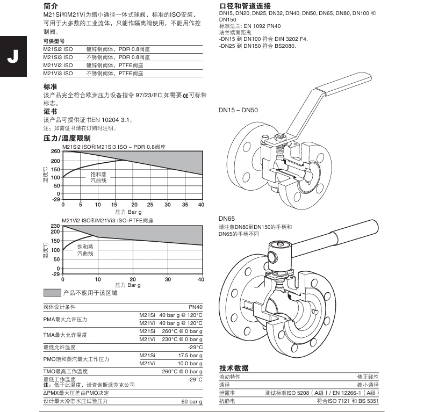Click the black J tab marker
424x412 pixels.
(x=12, y=56)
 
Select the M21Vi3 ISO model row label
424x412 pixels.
(x=58, y=73)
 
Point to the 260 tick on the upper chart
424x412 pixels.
(x=55, y=151)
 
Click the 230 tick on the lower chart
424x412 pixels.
(x=55, y=226)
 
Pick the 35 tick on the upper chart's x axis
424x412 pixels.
(x=184, y=205)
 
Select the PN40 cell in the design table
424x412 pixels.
(x=196, y=307)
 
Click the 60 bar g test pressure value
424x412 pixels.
(x=192, y=401)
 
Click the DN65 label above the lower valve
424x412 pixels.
(x=226, y=219)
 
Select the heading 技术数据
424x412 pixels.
(x=234, y=368)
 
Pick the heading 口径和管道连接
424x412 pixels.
(x=244, y=5)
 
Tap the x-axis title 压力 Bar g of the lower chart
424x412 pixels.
(x=128, y=285)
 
